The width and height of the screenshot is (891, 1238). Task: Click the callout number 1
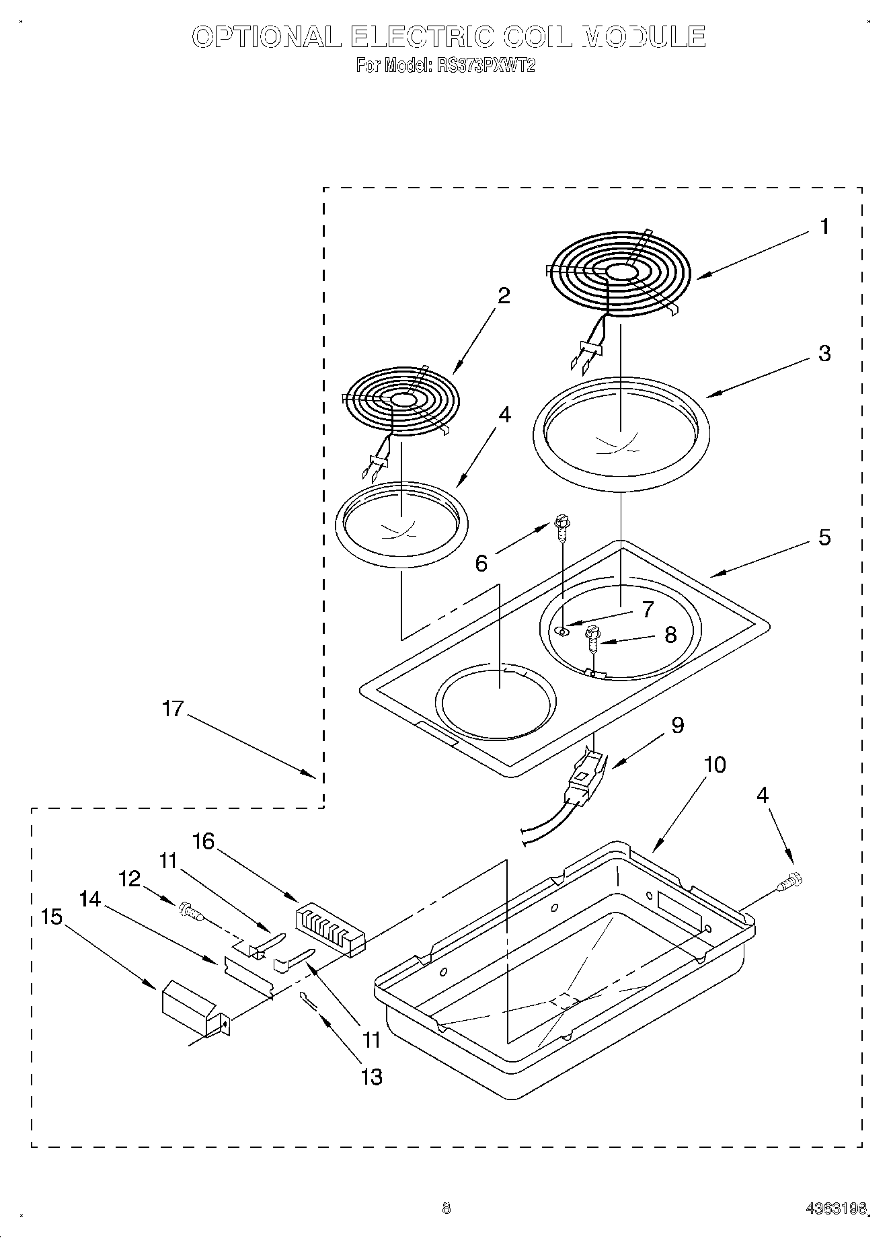tap(824, 227)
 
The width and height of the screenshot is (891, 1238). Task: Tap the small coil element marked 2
tap(401, 400)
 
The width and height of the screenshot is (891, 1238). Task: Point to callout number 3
tap(824, 353)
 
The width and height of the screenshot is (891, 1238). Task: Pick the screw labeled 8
tap(592, 640)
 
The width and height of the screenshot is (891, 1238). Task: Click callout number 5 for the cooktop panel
tap(824, 537)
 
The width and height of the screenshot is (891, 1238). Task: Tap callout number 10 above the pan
tap(715, 765)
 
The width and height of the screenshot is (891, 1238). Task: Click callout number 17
tap(173, 709)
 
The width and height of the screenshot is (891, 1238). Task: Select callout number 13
tap(371, 1077)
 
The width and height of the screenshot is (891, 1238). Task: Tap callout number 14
tap(89, 898)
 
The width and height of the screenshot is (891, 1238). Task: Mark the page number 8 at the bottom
tap(446, 1208)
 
